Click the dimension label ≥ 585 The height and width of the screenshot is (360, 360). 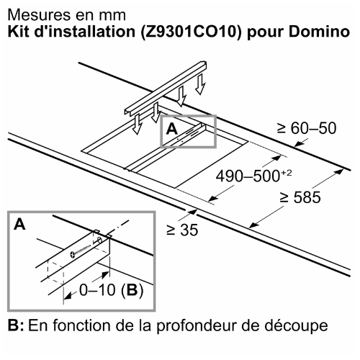[x=300, y=197]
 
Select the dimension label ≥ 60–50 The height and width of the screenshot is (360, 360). [x=307, y=128]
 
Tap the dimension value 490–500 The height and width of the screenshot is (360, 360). [x=248, y=176]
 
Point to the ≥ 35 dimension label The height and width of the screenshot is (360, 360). [x=182, y=230]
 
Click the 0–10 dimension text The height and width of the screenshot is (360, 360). [x=97, y=290]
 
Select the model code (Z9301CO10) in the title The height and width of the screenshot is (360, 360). [x=191, y=32]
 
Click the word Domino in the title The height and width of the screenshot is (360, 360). [x=319, y=32]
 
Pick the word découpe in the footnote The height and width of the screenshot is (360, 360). [x=296, y=325]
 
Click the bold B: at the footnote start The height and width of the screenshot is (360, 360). [x=16, y=325]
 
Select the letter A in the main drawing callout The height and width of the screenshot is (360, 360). [x=172, y=129]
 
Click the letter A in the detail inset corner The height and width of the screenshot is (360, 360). [x=19, y=224]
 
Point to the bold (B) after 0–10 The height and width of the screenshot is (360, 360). [x=132, y=290]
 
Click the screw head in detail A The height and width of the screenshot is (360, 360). [x=73, y=255]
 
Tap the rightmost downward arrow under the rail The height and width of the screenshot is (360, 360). [x=200, y=84]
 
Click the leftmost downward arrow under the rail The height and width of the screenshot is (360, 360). [x=138, y=124]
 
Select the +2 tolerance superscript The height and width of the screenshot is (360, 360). [x=286, y=173]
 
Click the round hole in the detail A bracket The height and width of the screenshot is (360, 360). [x=99, y=240]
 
